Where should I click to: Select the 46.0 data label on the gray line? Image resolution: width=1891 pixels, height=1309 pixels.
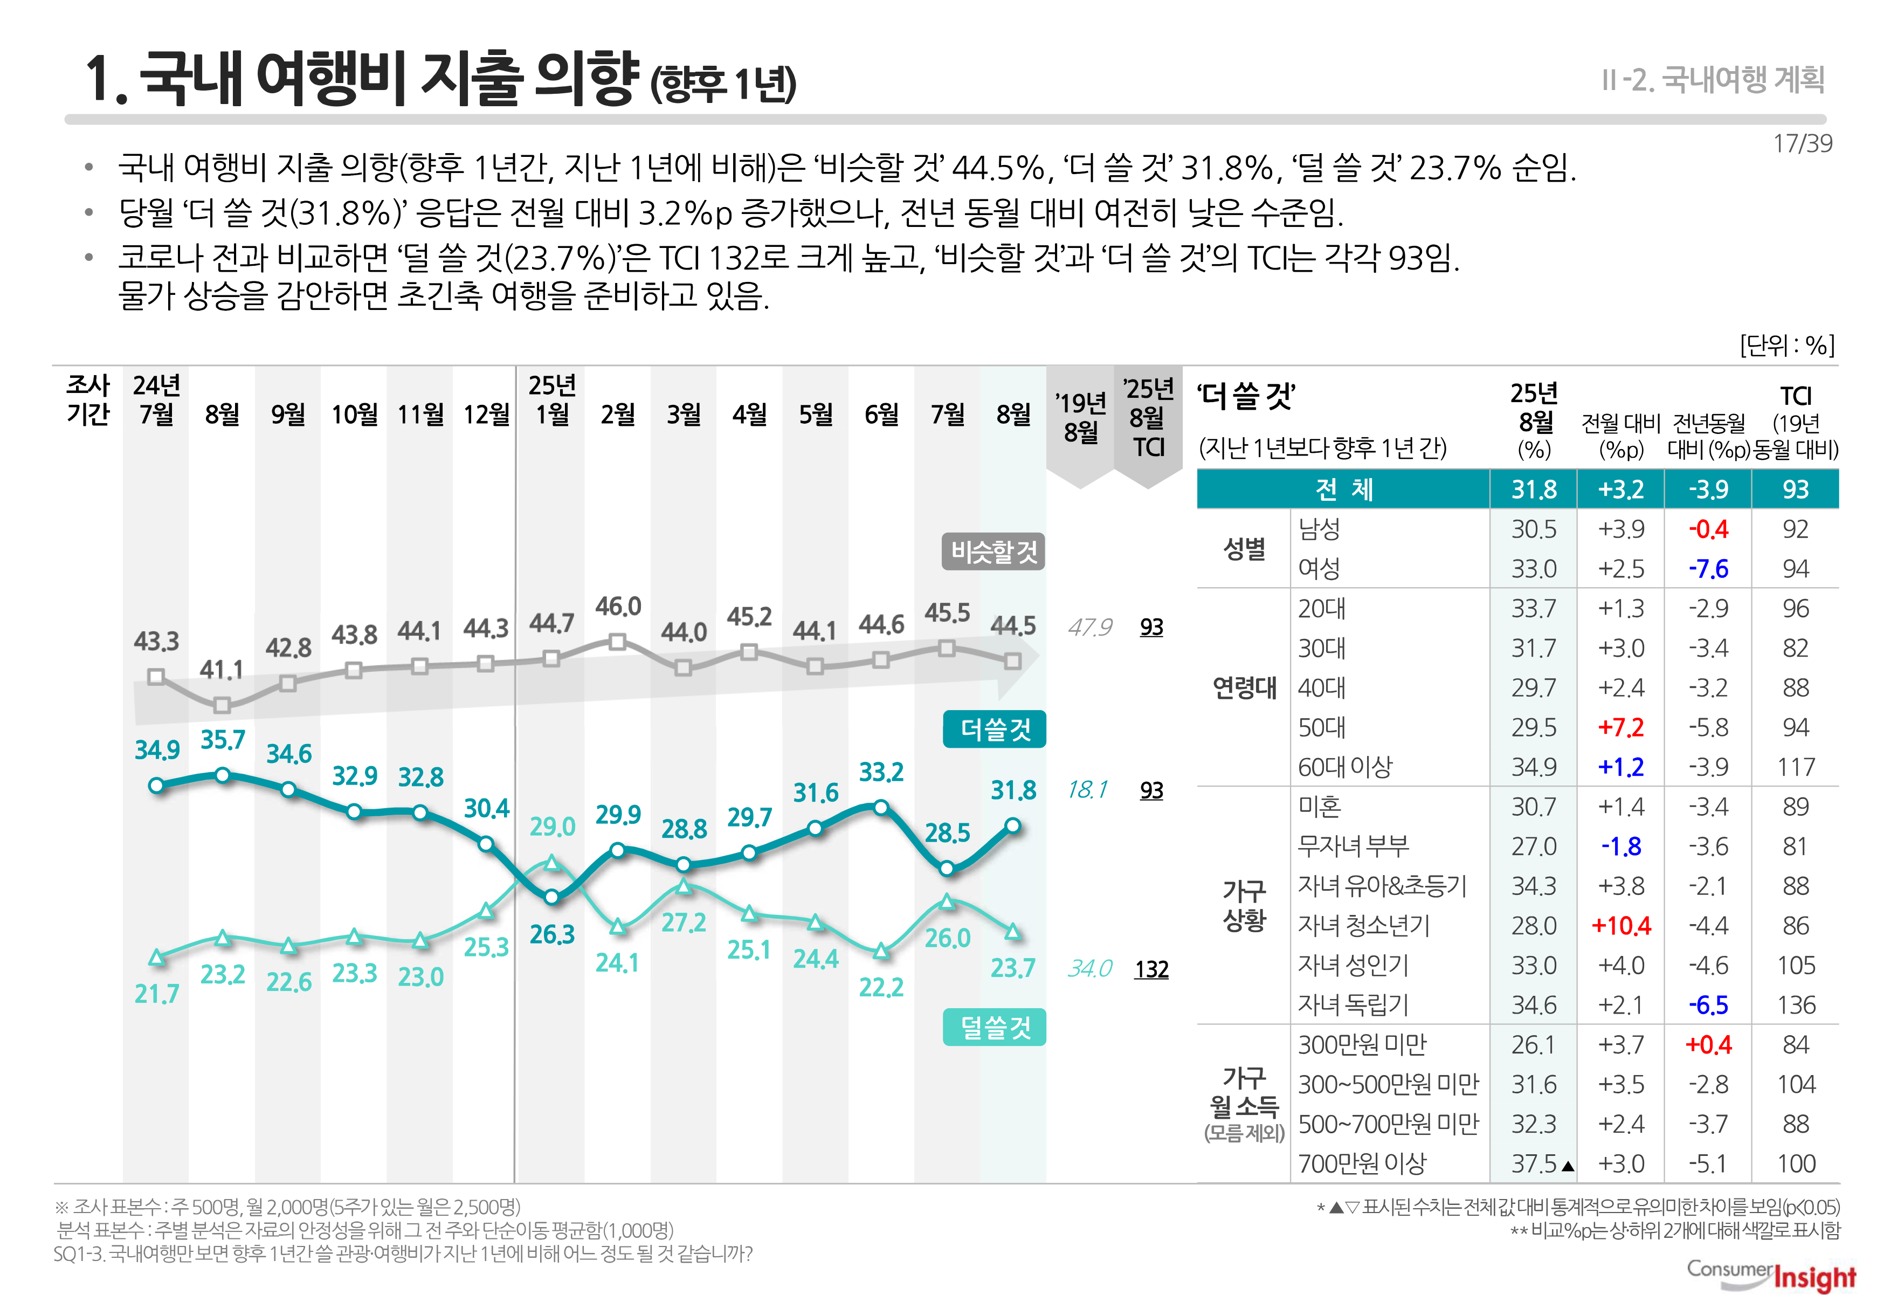[618, 607]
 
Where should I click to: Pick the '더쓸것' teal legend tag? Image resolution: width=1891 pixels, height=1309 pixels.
[995, 729]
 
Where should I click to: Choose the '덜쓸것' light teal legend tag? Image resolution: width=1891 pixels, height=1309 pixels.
[995, 1027]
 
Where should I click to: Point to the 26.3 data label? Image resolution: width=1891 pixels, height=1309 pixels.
[552, 935]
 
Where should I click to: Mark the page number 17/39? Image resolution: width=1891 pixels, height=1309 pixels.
[1802, 143]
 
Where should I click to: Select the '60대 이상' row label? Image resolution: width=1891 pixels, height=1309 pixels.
[1345, 767]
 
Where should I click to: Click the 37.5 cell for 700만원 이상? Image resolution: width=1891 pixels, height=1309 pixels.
[1534, 1164]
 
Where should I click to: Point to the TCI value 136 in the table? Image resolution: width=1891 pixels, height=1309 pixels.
[1795, 1005]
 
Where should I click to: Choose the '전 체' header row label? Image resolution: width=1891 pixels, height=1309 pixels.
[1343, 490]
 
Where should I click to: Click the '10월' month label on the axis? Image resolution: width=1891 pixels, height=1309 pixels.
[354, 414]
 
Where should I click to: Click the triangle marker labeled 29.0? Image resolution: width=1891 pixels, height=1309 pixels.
[552, 863]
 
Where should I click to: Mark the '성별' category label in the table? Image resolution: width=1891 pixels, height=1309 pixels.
[1244, 549]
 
